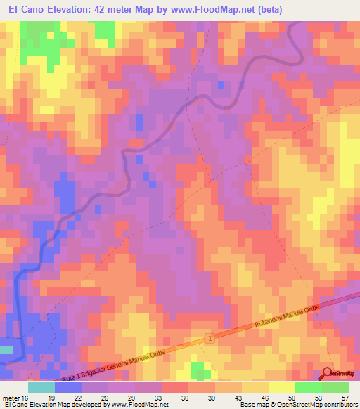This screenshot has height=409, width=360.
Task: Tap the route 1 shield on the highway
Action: coord(210,339)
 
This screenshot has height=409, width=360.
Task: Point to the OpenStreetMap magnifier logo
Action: coord(328,374)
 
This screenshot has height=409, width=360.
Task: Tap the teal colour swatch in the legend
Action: coord(41,387)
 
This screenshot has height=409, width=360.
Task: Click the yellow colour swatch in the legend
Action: coord(282,387)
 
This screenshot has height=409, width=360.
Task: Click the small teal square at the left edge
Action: coord(6,349)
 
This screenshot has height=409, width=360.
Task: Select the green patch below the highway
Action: coord(200,370)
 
